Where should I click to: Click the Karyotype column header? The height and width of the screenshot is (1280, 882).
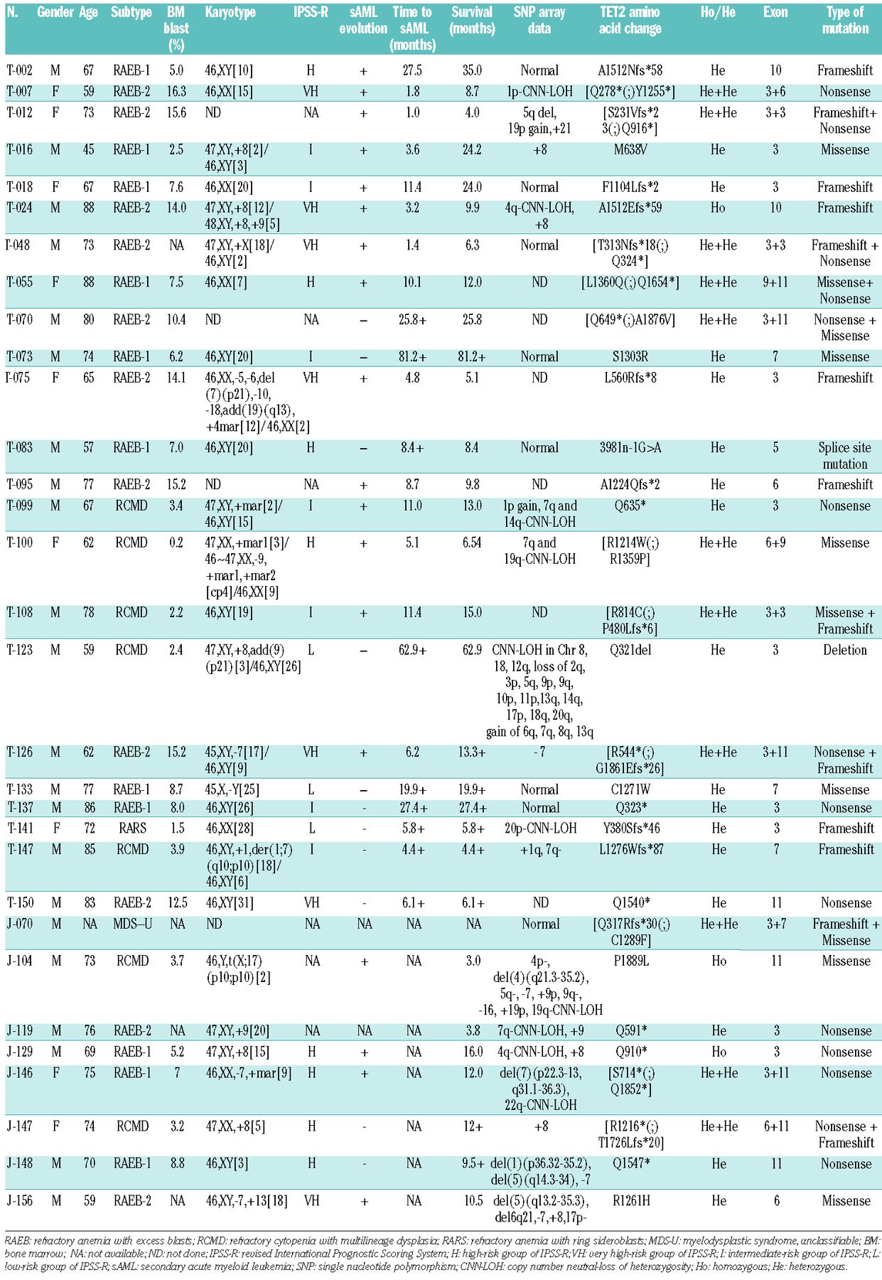(x=230, y=13)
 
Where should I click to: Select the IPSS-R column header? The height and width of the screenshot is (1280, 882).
(x=311, y=13)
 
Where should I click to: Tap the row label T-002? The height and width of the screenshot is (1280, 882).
(x=20, y=70)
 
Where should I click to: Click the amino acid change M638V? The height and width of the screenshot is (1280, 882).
(x=630, y=150)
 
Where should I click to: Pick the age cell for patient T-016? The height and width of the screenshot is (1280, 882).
(x=88, y=150)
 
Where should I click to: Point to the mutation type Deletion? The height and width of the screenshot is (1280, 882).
(x=844, y=650)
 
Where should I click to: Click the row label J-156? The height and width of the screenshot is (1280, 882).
(x=20, y=1201)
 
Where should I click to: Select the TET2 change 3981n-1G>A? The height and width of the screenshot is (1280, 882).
(x=630, y=448)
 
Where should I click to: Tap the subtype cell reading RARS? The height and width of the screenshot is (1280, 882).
(x=132, y=828)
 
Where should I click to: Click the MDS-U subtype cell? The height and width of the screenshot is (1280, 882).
(x=132, y=924)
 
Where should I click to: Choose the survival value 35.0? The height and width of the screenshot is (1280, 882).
(x=472, y=70)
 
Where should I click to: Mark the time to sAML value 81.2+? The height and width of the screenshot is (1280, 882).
(x=412, y=357)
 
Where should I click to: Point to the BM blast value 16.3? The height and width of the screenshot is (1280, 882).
(x=176, y=92)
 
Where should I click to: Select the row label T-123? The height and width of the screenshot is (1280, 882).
(x=20, y=650)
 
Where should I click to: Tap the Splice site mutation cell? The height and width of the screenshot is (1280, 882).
(x=844, y=456)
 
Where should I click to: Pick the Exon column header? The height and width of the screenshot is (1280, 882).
(x=775, y=13)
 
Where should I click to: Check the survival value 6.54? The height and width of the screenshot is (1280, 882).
(x=472, y=543)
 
